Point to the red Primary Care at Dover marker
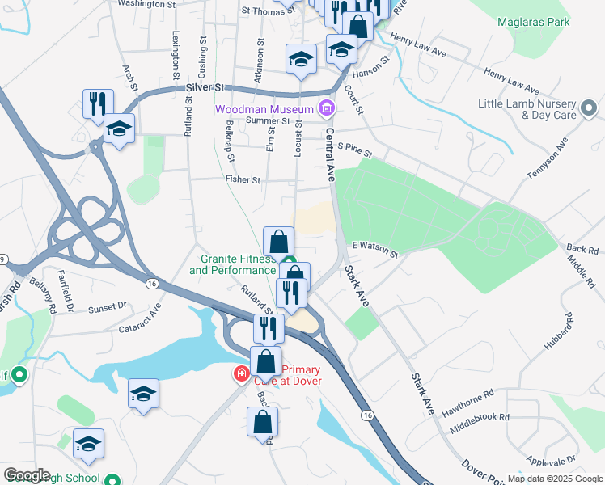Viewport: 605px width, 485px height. tap(241, 373)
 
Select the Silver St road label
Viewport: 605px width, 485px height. tap(204, 86)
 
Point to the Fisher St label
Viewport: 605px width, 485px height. tap(243, 180)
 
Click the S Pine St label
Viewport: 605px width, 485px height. tap(355, 150)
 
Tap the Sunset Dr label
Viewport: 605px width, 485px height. tap(108, 307)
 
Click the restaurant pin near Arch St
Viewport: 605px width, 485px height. tap(98, 103)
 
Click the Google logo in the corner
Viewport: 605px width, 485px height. tap(27, 475)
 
